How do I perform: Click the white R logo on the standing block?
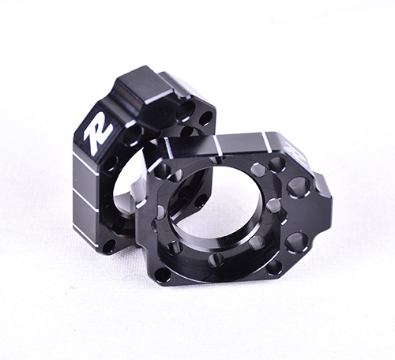point(98,137)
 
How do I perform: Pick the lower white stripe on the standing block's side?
point(84,201)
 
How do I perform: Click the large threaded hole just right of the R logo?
point(133,135)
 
